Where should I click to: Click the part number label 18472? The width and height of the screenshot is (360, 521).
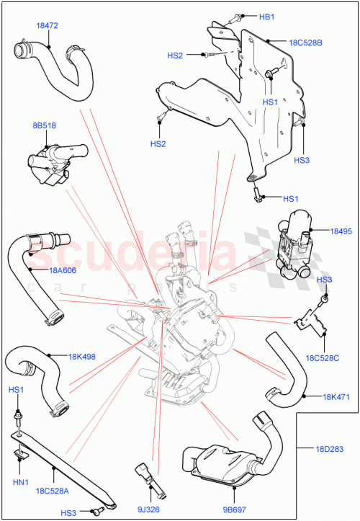pos(47,25)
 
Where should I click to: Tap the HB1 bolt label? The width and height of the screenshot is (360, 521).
pos(266,16)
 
